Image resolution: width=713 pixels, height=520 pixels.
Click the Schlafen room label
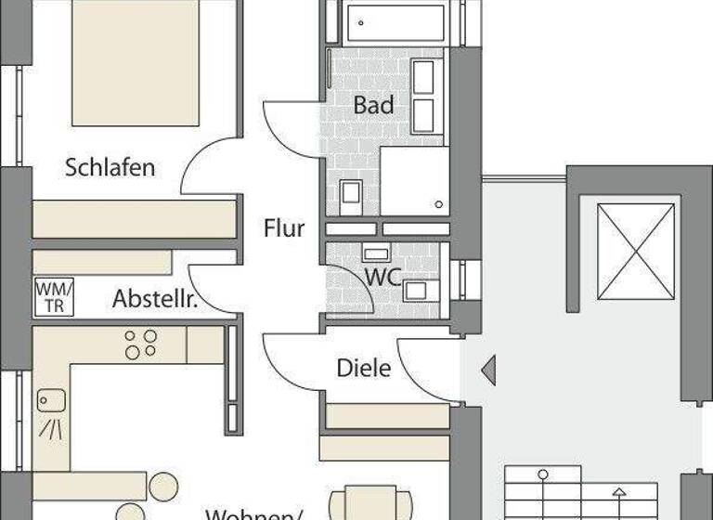(x=110, y=168)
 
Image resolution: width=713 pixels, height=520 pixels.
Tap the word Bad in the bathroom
(x=373, y=105)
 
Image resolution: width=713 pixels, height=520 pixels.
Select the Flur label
(x=283, y=227)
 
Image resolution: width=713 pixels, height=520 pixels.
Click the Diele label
(x=363, y=368)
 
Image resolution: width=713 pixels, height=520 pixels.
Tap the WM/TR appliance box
(x=54, y=297)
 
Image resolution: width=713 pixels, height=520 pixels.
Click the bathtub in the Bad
(x=395, y=23)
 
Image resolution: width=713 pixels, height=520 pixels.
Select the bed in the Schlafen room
(x=135, y=60)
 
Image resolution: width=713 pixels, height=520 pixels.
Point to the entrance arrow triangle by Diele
(x=487, y=370)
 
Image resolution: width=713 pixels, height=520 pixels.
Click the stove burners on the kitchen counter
(x=141, y=344)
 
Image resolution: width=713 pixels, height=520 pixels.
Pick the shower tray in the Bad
(x=414, y=180)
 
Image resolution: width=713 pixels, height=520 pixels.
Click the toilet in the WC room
(x=415, y=290)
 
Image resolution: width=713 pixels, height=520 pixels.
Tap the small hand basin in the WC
(x=376, y=253)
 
